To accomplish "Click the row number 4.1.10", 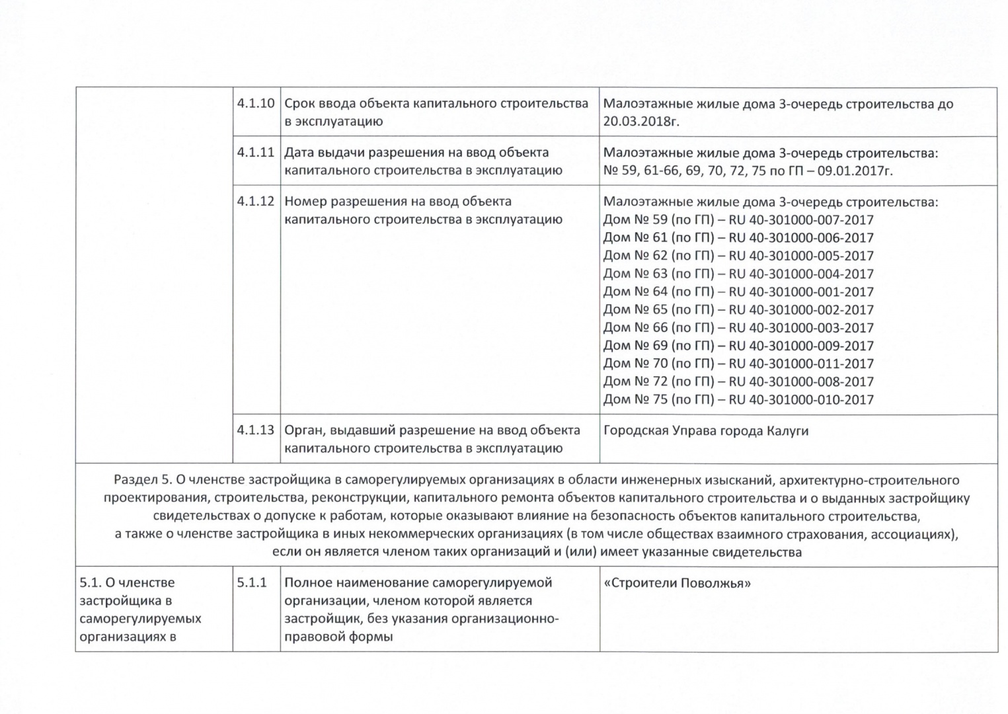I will (256, 104).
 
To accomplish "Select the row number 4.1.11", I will (256, 153).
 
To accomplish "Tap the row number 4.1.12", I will (256, 202).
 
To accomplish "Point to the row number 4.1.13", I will (256, 430).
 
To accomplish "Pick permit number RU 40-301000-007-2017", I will (800, 220).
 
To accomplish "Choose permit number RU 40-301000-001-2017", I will (800, 292).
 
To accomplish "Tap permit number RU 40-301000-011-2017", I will (800, 364).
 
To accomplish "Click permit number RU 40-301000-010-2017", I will (800, 399).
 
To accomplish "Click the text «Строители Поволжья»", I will (677, 584).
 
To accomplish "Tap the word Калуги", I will (787, 431).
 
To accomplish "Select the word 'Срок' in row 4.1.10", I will (299, 104).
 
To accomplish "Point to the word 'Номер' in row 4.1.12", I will (305, 202).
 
